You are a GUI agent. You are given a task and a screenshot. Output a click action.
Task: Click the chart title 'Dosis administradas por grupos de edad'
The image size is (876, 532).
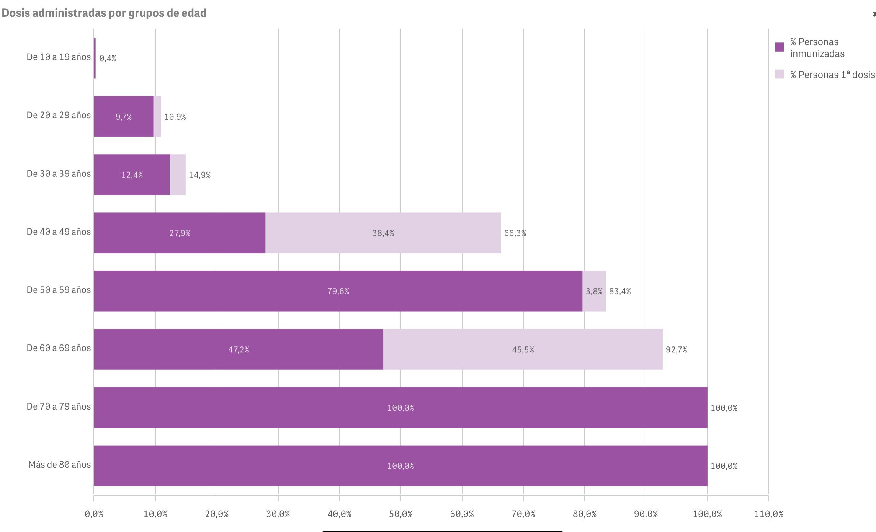(104, 13)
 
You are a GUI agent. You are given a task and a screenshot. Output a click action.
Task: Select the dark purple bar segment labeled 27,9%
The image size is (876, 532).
(180, 233)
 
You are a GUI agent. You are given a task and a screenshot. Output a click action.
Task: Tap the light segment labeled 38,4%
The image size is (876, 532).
(383, 233)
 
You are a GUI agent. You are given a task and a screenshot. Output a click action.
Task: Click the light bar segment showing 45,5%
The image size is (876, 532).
(523, 349)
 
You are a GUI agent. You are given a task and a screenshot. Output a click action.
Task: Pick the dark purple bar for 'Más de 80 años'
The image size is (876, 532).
(400, 465)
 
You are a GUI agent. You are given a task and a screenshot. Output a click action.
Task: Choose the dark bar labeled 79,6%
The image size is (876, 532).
(338, 291)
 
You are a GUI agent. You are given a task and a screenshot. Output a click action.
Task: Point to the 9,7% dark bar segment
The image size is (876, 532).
(123, 116)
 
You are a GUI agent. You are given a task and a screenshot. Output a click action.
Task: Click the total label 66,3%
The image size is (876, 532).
(515, 233)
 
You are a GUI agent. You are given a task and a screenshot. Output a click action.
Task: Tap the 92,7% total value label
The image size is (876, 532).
(676, 349)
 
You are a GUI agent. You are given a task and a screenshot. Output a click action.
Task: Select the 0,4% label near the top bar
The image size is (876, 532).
(108, 58)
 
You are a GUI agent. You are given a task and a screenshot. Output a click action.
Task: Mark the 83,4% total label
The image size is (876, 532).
(620, 291)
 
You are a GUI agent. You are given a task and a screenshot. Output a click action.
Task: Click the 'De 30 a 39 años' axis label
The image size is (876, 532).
(59, 174)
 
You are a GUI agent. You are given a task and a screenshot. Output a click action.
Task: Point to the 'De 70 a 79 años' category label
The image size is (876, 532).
(59, 406)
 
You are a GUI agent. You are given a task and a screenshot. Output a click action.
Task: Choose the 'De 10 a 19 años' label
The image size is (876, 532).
(59, 57)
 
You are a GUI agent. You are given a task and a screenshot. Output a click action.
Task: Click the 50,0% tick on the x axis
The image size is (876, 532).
(400, 514)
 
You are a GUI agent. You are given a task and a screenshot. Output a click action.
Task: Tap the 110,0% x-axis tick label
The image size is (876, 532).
(768, 514)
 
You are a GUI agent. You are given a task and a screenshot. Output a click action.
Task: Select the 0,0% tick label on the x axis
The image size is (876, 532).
(94, 514)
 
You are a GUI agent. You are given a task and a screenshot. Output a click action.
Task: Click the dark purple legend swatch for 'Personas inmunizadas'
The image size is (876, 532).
(779, 47)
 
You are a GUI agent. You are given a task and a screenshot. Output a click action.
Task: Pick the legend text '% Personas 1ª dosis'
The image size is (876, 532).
(832, 75)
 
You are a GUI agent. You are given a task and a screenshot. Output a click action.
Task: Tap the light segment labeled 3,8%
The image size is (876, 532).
(594, 291)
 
